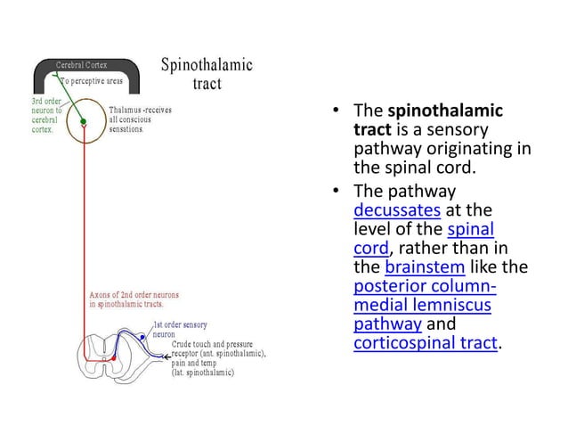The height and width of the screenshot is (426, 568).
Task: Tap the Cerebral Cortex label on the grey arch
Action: tap(84, 65)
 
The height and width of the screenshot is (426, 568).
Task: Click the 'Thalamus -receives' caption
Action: tap(140, 111)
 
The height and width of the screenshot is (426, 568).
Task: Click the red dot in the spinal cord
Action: tap(114, 356)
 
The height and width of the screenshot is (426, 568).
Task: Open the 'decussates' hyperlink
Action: tap(396, 211)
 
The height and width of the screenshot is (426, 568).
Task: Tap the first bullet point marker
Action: tap(338, 112)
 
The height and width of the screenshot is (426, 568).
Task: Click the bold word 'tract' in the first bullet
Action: tap(372, 129)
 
